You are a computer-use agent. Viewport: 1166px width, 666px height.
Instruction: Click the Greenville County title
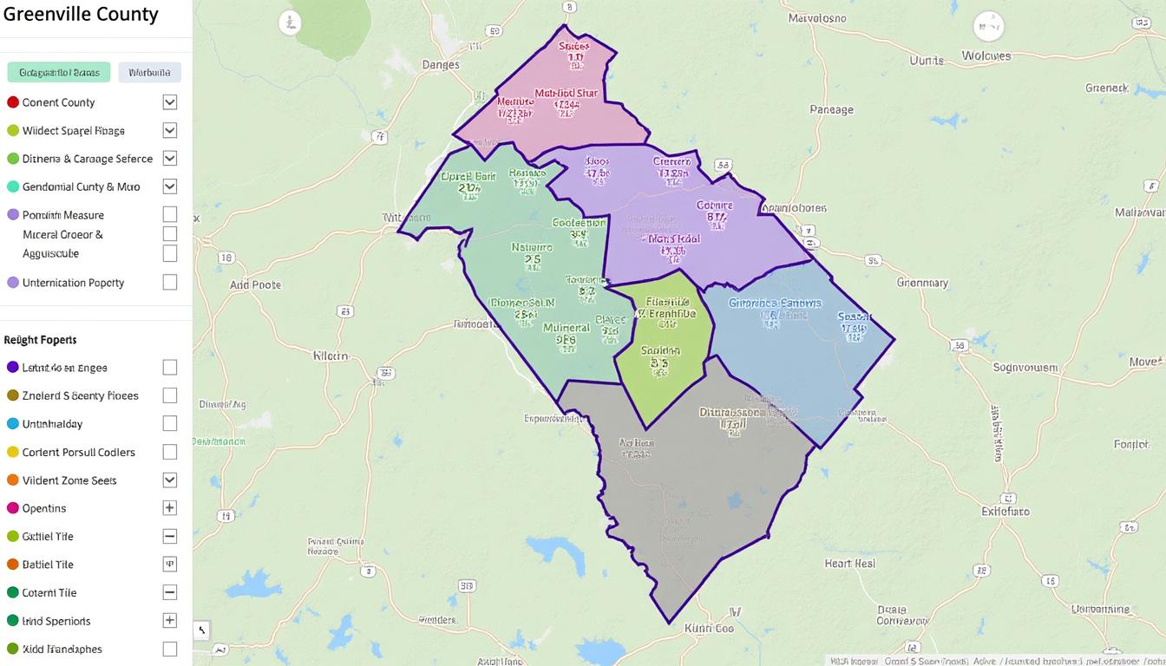pos(80,15)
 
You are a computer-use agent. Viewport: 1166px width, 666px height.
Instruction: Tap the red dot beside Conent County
pos(13,102)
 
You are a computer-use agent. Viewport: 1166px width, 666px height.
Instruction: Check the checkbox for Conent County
pos(170,102)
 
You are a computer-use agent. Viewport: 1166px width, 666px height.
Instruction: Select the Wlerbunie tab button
pos(149,72)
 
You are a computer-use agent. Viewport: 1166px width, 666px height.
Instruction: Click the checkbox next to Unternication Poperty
pos(170,283)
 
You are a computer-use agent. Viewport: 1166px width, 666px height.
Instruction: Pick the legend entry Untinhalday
pos(52,424)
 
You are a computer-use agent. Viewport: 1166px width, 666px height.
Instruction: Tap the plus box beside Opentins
pos(170,508)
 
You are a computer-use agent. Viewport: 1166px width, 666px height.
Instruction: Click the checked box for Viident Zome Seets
pos(170,480)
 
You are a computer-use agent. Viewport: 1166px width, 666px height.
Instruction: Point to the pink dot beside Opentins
pos(13,508)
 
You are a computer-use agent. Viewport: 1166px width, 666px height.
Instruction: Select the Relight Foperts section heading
pos(40,340)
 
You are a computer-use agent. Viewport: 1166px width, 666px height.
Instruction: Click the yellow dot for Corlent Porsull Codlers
pos(13,452)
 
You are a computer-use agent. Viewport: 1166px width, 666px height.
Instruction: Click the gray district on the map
pos(694,486)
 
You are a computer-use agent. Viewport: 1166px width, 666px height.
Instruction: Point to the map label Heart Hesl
pos(850,564)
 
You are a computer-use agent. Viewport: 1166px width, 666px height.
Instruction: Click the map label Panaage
pos(831,110)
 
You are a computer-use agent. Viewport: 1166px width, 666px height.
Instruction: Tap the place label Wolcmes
pos(986,56)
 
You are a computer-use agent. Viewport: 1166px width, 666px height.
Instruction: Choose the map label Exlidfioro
pos(1005,512)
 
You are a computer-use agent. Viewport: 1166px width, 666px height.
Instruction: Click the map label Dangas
pos(440,65)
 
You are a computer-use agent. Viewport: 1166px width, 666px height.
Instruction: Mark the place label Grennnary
pos(922,283)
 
